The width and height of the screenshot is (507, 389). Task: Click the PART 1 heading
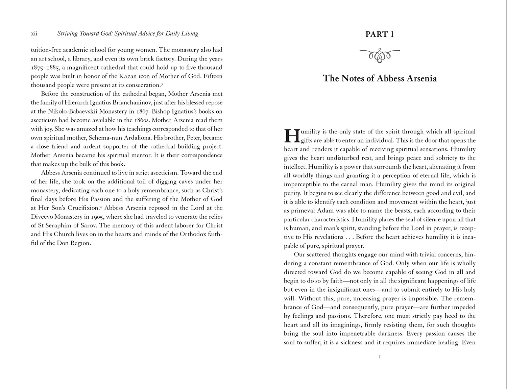coord(380,34)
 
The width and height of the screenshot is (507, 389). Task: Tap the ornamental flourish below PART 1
coord(380,55)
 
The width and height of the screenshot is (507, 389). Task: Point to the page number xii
coord(34,33)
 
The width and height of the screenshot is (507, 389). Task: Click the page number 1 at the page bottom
coord(380,357)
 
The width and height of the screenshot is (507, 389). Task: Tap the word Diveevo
coord(43,217)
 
